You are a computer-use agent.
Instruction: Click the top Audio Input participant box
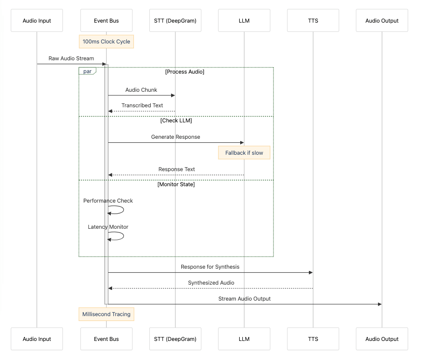[37, 20]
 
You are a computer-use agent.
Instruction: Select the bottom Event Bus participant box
[106, 339]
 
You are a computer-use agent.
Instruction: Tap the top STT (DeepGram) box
[175, 20]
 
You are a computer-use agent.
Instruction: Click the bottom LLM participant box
[244, 339]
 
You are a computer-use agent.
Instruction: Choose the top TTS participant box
[313, 20]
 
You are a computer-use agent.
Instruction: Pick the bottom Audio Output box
[382, 339]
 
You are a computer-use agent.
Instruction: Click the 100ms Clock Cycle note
[106, 42]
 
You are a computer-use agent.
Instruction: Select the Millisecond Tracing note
[106, 314]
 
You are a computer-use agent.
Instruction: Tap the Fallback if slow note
[244, 153]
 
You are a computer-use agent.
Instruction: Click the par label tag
[87, 71]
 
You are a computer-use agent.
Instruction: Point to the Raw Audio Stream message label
[71, 58]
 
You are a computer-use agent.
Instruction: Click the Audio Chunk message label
[141, 90]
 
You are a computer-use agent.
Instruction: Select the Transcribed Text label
[142, 106]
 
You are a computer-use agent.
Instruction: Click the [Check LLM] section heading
[176, 121]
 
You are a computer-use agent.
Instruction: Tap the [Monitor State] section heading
[176, 184]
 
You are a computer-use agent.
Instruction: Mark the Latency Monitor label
[108, 227]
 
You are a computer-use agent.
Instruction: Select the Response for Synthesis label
[210, 266]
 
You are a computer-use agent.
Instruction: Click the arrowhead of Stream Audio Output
[379, 304]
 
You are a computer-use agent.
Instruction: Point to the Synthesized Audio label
[211, 282]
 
